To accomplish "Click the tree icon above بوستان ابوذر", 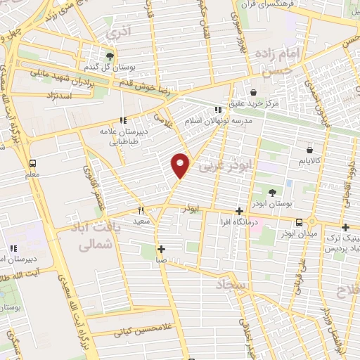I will click(272, 192).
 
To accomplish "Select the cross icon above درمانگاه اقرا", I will click(240, 211).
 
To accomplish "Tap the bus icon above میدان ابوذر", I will click(300, 222).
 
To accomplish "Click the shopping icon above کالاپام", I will click(310, 149).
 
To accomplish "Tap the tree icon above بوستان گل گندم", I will click(110, 56).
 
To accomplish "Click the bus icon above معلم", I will click(33, 162).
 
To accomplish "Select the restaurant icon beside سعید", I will click(141, 210).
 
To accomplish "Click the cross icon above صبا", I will click(162, 248).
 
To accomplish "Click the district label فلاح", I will click(347, 289).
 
